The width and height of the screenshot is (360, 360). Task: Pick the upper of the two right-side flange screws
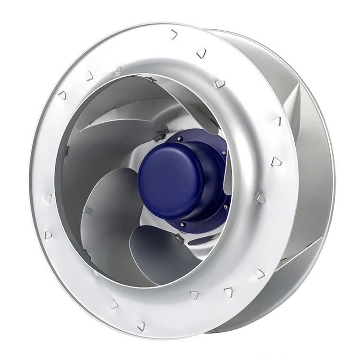(x=224, y=152)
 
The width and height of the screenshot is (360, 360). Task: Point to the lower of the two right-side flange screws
(x=226, y=207)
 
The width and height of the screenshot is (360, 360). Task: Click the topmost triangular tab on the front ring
(x=173, y=34)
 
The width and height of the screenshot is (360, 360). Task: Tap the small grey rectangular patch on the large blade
(x=87, y=210)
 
